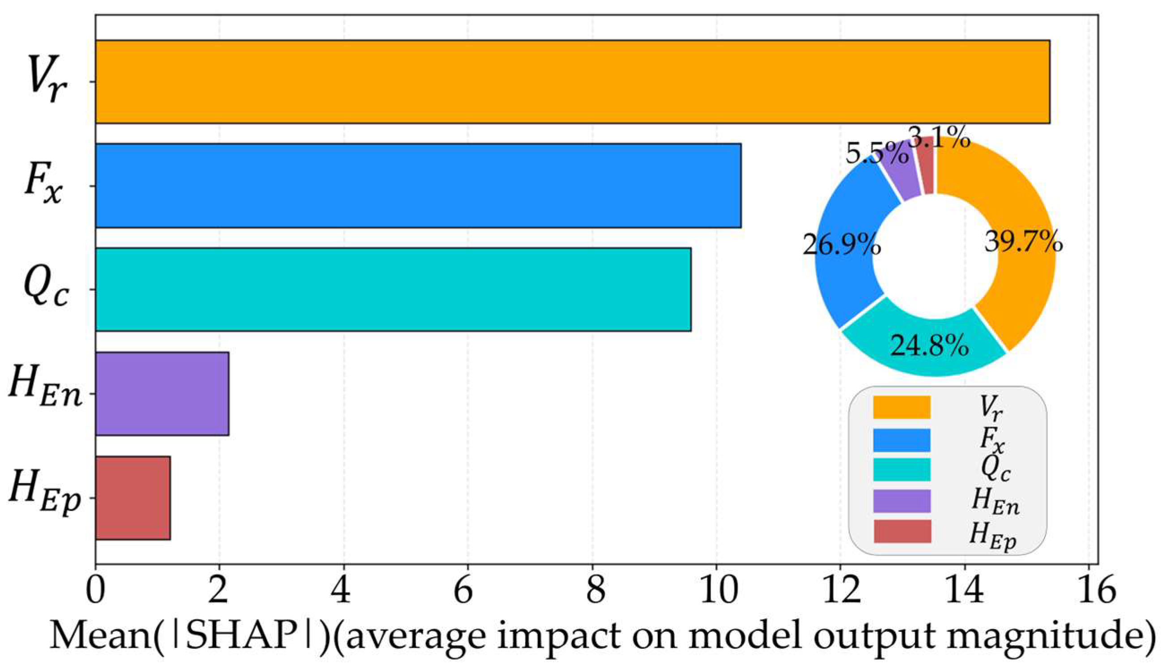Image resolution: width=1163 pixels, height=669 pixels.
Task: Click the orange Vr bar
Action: (573, 82)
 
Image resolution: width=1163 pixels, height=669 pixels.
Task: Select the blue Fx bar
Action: (418, 186)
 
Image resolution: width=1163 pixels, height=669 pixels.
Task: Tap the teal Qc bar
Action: (394, 290)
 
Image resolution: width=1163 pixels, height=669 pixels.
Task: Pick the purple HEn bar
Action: (162, 393)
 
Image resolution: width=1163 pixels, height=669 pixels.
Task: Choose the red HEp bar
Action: (133, 498)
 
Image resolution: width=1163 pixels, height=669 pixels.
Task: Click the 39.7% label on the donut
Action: (1024, 242)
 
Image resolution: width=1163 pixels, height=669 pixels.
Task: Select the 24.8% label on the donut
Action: (930, 346)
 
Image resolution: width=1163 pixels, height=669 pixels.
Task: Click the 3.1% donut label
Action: (939, 137)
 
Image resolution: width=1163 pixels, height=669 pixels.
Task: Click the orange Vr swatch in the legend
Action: (902, 407)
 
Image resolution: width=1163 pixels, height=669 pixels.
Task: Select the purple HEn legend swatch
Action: (902, 501)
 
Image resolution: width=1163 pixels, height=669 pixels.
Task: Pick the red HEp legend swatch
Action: (902, 531)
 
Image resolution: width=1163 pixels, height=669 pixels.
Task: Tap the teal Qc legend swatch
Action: (902, 469)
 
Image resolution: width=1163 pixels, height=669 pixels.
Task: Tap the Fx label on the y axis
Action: (42, 187)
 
